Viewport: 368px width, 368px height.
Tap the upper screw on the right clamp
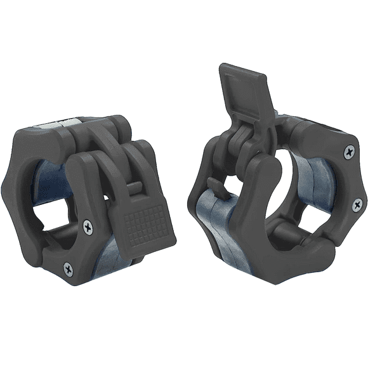[349, 152]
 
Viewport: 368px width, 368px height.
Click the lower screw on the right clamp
[357, 204]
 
